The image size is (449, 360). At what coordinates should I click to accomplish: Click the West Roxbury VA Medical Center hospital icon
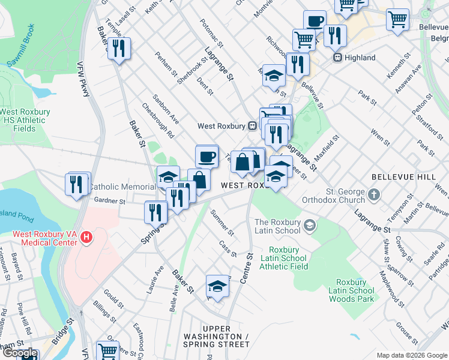coord(87,238)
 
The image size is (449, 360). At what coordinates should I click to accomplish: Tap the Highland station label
coord(360,58)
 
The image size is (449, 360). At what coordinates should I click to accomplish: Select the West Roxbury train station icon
coord(253,126)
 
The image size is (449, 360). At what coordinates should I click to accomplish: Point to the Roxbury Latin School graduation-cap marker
coord(310,226)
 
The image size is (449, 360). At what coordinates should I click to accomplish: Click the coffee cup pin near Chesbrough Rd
coord(207,157)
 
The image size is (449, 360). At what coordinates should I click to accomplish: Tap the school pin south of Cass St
coord(217,287)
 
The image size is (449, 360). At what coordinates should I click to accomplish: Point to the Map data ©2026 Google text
coord(412,355)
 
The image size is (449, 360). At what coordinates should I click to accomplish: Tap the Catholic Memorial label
coord(122,187)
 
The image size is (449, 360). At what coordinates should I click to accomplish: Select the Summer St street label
coord(222,222)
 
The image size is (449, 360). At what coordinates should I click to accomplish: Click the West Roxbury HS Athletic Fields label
coord(23,120)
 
